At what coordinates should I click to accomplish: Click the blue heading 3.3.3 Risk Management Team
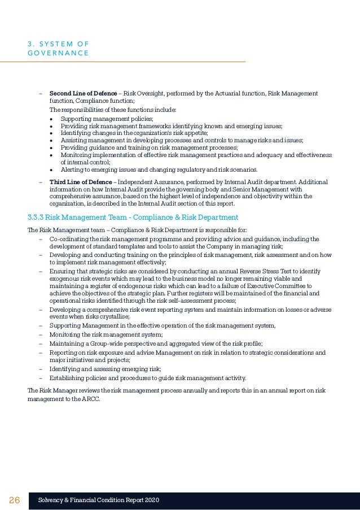click(x=133, y=217)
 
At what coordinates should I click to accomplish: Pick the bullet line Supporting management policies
click(x=107, y=119)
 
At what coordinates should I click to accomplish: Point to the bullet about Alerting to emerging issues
click(x=159, y=169)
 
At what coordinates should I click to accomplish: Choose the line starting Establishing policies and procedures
click(x=147, y=378)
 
